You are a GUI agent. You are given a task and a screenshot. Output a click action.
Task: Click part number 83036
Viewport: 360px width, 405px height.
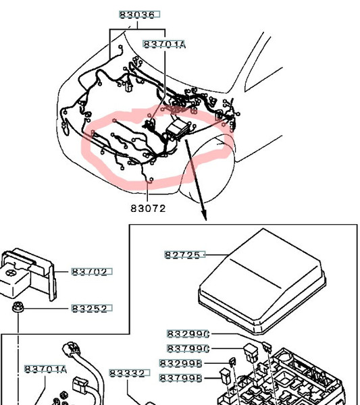tap(139, 14)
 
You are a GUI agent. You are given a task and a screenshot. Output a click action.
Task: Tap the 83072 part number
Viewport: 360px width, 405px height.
tap(148, 208)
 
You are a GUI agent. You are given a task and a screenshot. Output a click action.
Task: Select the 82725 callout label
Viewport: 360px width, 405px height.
tap(185, 254)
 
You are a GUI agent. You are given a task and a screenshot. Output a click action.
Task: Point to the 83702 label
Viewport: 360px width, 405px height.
tap(92, 272)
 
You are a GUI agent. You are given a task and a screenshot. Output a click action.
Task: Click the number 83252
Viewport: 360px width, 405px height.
tap(92, 308)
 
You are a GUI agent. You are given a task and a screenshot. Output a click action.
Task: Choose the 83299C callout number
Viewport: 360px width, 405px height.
tap(188, 334)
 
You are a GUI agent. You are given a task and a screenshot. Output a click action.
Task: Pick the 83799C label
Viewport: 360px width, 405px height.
tap(188, 349)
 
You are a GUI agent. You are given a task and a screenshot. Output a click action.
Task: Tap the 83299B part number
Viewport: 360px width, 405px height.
tap(180, 363)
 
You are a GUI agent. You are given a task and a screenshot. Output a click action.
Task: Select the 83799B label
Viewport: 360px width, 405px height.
tap(180, 378)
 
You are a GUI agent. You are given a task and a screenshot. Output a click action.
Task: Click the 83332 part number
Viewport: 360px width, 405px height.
tap(130, 373)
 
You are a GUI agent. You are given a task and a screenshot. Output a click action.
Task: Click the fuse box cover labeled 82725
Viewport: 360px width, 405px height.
tap(262, 281)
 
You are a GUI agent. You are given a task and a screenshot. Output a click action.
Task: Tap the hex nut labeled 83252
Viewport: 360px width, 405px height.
tap(18, 307)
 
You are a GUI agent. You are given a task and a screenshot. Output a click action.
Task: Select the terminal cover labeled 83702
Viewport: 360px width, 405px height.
tap(28, 274)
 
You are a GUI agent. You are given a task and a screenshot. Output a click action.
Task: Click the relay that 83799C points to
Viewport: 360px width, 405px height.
tap(251, 352)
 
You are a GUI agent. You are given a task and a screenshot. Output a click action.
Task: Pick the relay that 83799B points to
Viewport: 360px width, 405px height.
tap(224, 377)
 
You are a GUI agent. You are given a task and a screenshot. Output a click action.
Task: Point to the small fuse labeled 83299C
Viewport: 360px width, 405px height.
tap(266, 347)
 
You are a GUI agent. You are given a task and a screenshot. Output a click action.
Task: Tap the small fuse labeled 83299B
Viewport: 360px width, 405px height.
tap(232, 362)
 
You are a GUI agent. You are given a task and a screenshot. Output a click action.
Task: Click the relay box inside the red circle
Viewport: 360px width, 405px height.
tap(177, 129)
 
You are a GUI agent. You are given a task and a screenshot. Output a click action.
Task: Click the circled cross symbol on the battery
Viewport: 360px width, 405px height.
tap(10, 273)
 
